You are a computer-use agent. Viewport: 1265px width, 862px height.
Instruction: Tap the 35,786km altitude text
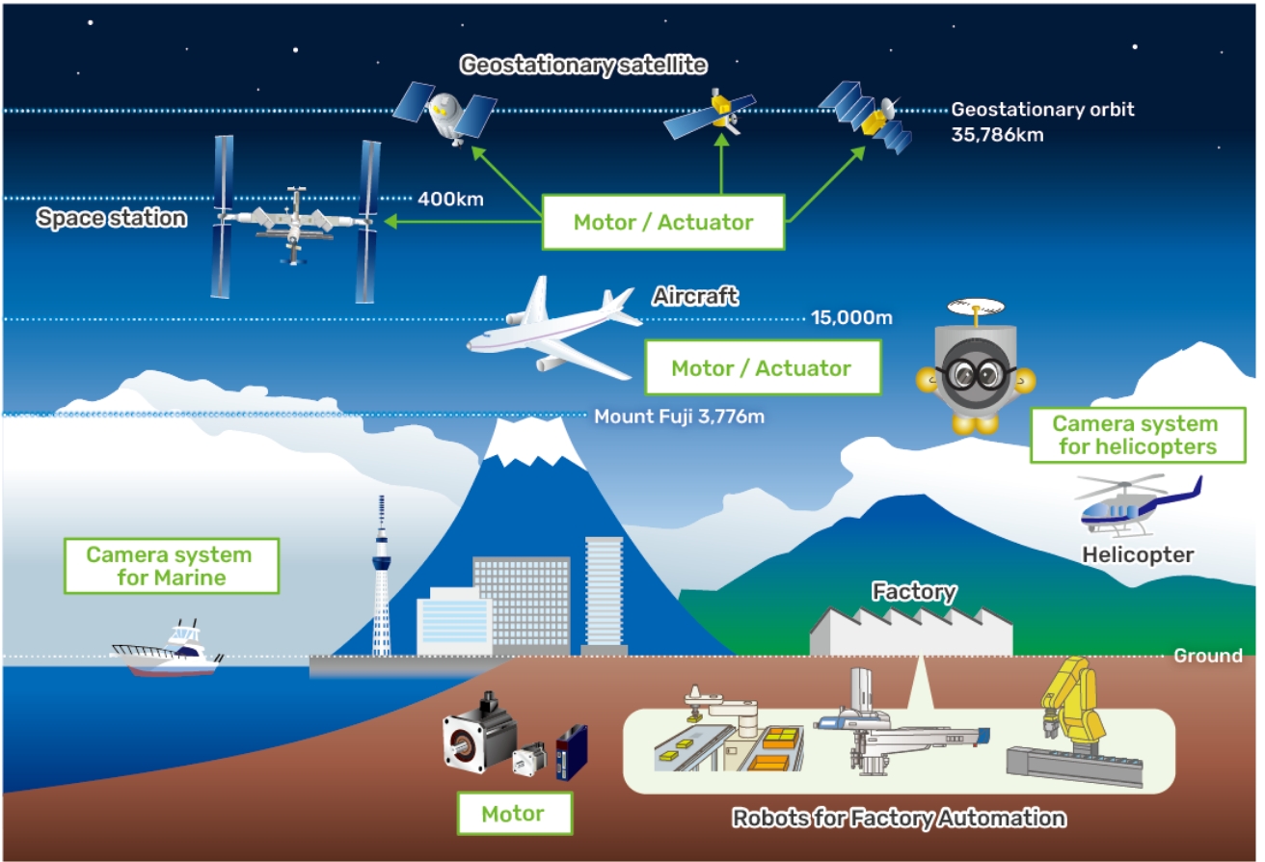[997, 135]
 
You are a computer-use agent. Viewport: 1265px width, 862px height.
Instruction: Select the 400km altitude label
[450, 200]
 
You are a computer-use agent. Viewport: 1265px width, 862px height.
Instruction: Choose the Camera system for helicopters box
[1134, 436]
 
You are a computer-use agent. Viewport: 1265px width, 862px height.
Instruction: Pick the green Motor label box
[513, 813]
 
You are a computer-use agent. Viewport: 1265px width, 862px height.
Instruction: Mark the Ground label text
[1207, 656]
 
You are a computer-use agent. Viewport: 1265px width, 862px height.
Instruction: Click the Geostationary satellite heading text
[584, 66]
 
